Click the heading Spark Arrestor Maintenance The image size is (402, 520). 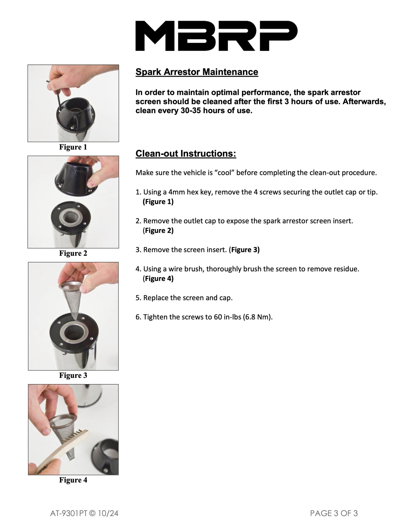pyautogui.click(x=197, y=72)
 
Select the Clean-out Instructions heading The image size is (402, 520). pyautogui.click(x=186, y=153)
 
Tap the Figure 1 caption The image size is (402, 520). pyautogui.click(x=73, y=147)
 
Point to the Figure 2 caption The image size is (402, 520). pyautogui.click(x=73, y=253)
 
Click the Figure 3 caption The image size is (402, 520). pyautogui.click(x=73, y=375)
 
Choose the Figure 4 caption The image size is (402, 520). pyautogui.click(x=73, y=480)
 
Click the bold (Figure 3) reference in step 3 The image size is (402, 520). pyautogui.click(x=244, y=250)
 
